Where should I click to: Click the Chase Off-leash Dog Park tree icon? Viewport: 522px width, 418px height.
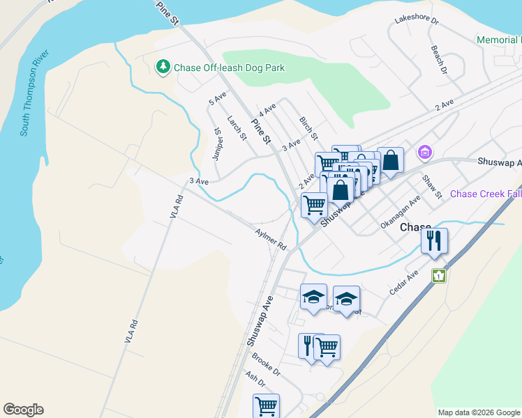point(163,67)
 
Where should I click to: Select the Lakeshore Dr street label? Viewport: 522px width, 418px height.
point(416,21)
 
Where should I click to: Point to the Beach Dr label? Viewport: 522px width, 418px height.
point(438,61)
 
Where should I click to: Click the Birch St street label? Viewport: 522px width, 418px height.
point(308,127)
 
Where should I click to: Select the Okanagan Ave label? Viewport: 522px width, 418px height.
point(401,212)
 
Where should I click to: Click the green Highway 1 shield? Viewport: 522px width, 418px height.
point(438,275)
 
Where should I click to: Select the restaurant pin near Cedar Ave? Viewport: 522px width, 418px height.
point(434,242)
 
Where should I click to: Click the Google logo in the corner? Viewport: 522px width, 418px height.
point(23,410)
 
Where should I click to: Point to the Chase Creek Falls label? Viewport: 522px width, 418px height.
point(486,194)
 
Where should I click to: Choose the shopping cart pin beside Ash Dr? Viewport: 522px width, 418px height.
point(266,405)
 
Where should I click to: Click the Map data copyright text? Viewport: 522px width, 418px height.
point(479,412)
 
